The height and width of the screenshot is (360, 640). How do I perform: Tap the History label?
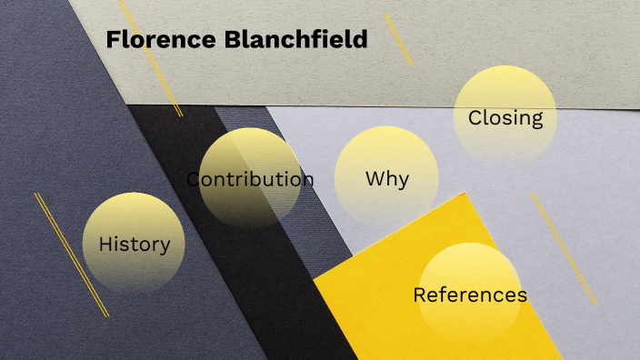pyautogui.click(x=135, y=245)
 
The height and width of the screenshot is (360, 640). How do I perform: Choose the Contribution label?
pyautogui.click(x=250, y=179)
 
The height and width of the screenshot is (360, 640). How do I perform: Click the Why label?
pyautogui.click(x=386, y=179)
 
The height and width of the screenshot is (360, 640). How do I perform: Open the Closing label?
pyautogui.click(x=505, y=118)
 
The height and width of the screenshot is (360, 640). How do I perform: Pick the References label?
pyautogui.click(x=469, y=295)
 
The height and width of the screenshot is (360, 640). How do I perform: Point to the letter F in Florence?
pyautogui.click(x=113, y=40)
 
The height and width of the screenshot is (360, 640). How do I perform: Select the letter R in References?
pyautogui.click(x=419, y=295)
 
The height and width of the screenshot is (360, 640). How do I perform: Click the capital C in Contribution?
pyautogui.click(x=194, y=179)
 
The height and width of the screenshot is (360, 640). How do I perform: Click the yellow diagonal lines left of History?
pyautogui.click(x=71, y=255)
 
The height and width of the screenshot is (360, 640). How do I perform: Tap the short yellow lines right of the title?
pyautogui.click(x=397, y=38)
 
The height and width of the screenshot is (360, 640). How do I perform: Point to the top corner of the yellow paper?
pyautogui.click(x=465, y=194)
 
